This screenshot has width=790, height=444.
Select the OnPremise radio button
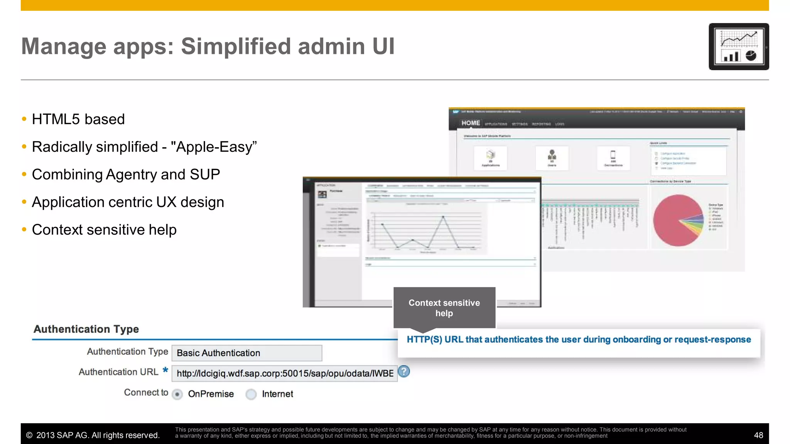pyautogui.click(x=177, y=394)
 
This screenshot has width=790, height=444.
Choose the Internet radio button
pyautogui.click(x=251, y=394)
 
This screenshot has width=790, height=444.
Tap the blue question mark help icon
pyautogui.click(x=403, y=372)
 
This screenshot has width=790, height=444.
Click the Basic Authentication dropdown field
pyautogui.click(x=246, y=353)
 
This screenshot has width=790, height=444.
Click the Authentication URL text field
pyautogui.click(x=284, y=373)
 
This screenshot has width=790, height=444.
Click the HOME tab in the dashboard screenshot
pyautogui.click(x=471, y=123)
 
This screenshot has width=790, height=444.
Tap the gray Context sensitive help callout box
pyautogui.click(x=444, y=308)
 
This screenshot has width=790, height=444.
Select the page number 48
pyautogui.click(x=758, y=435)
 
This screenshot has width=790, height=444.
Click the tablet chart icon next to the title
pyautogui.click(x=738, y=47)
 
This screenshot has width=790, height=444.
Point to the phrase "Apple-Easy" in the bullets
pyautogui.click(x=214, y=147)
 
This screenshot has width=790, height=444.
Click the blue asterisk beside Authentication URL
pyautogui.click(x=165, y=370)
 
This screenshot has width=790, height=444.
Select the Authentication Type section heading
pyautogui.click(x=86, y=329)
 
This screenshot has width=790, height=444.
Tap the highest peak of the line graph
pyautogui.click(x=443, y=217)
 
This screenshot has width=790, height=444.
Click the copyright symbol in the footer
pyautogui.click(x=29, y=436)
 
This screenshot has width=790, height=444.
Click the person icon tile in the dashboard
pyautogui.click(x=552, y=158)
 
